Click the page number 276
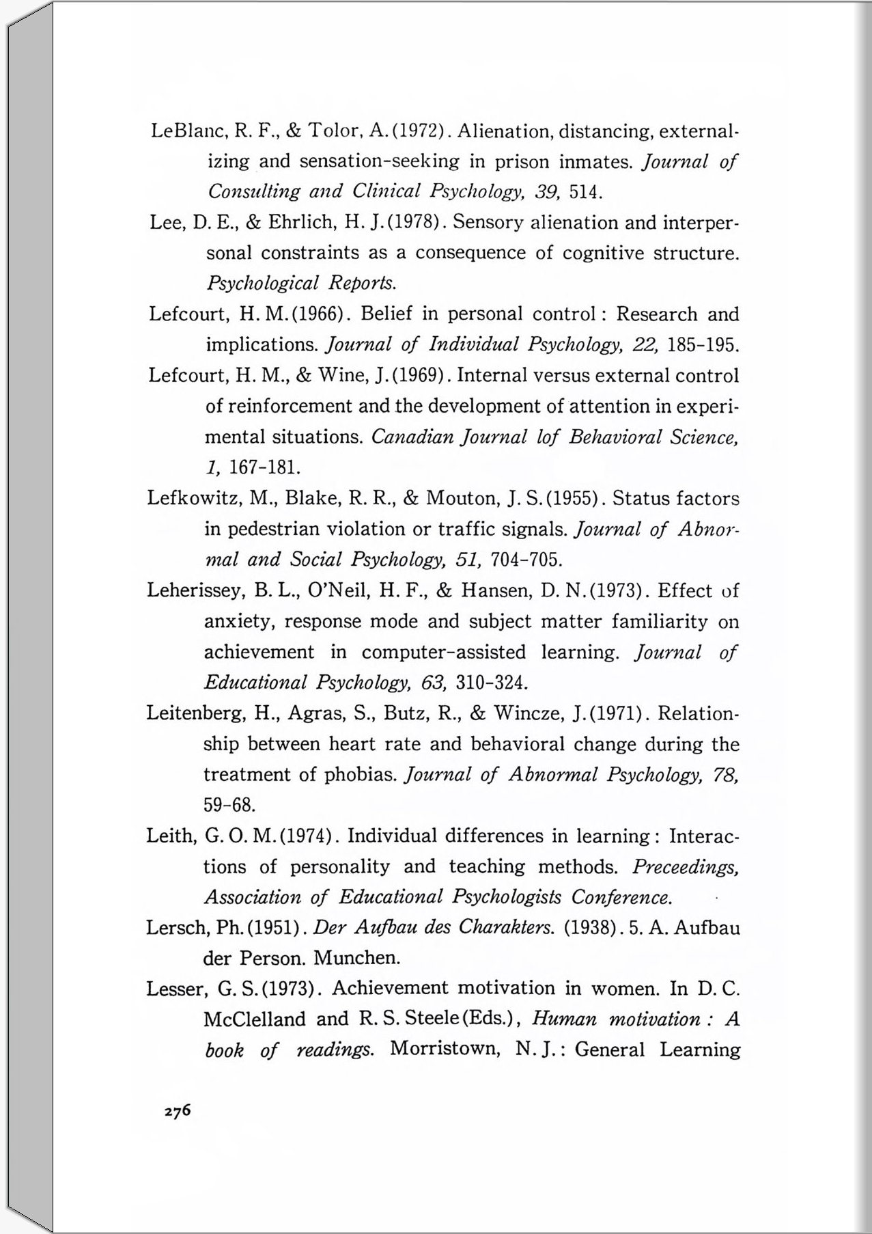pos(178,1111)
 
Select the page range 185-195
pos(703,345)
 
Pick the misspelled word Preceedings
pos(685,867)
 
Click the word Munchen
pos(356,958)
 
